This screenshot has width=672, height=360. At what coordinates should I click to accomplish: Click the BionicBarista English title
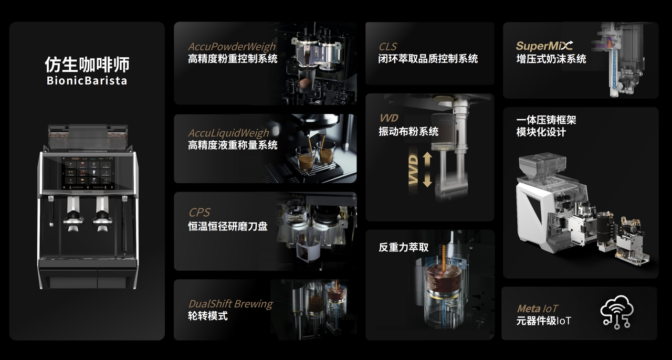pyautogui.click(x=87, y=81)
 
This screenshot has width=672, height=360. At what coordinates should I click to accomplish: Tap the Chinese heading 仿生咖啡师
pyautogui.click(x=87, y=64)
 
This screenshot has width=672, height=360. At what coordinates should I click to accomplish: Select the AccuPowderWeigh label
pyautogui.click(x=232, y=47)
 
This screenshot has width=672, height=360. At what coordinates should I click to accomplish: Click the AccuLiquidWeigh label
pyautogui.click(x=228, y=133)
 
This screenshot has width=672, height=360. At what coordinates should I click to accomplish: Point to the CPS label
pyautogui.click(x=199, y=213)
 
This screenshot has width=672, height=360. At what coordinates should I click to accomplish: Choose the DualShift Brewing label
pyautogui.click(x=230, y=304)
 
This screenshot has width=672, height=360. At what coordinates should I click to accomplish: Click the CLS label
pyautogui.click(x=387, y=47)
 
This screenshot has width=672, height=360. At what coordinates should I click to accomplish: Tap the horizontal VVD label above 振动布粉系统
pyautogui.click(x=389, y=118)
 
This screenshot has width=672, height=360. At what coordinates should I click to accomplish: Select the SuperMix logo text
pyautogui.click(x=544, y=46)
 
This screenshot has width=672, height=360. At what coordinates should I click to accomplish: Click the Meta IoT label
pyautogui.click(x=537, y=309)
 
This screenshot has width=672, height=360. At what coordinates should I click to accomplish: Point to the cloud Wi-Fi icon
pyautogui.click(x=617, y=312)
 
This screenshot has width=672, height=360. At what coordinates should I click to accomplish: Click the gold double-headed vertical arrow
pyautogui.click(x=427, y=169)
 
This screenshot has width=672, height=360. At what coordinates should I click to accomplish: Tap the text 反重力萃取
pyautogui.click(x=404, y=247)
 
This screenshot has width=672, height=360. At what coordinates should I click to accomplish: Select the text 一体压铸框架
pyautogui.click(x=546, y=120)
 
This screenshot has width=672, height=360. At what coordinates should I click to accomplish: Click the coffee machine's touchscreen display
pyautogui.click(x=88, y=173)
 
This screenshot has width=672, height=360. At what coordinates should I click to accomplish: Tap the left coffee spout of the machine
pyautogui.click(x=73, y=214)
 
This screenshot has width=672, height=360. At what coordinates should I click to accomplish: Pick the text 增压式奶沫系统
pyautogui.click(x=551, y=59)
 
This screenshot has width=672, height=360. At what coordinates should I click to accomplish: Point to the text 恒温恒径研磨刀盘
pyautogui.click(x=228, y=226)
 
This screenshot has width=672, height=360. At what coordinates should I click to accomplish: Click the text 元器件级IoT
pyautogui.click(x=543, y=321)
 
